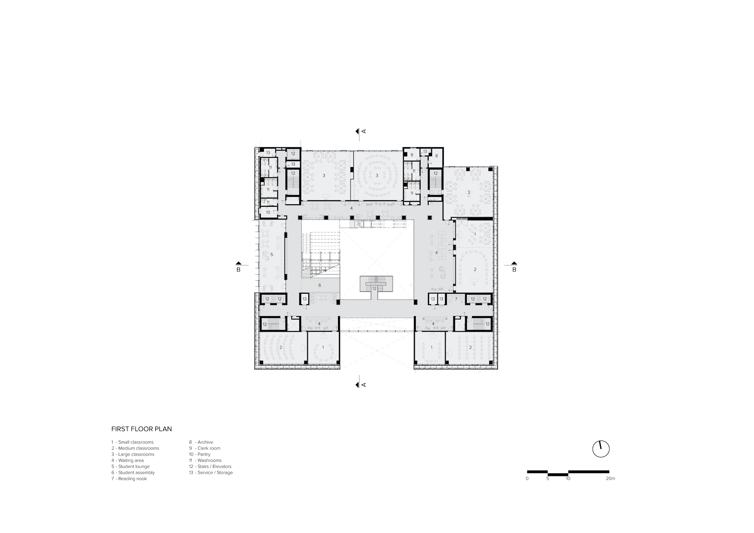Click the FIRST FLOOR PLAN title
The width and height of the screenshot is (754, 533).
coord(142,429)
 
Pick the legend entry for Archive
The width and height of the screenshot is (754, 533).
coord(201,442)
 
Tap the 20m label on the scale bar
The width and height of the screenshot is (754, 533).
coord(610,478)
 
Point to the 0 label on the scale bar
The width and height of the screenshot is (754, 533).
coord(527,478)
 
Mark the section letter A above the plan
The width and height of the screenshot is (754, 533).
coord(363,131)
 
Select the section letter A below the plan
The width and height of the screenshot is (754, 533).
coord(363,385)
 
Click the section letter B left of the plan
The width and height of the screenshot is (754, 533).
coord(238,270)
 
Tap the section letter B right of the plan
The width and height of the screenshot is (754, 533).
coord(514,270)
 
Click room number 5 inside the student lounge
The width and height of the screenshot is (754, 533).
coord(272,254)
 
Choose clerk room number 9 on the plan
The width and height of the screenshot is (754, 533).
coord(412,155)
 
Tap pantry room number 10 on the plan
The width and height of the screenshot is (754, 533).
coord(268,212)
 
